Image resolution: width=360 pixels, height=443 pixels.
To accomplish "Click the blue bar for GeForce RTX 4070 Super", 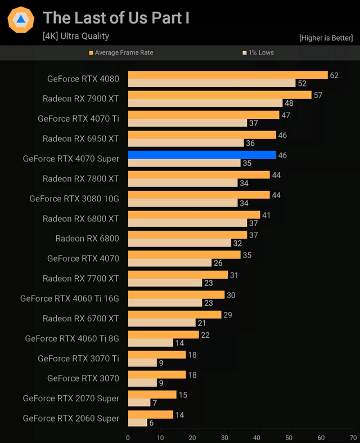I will click(202, 155).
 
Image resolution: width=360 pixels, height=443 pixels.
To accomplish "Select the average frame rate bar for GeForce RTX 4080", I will click(228, 75).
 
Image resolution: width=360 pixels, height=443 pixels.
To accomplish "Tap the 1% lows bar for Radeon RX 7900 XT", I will click(205, 103).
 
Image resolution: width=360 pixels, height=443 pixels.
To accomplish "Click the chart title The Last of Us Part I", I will click(116, 18).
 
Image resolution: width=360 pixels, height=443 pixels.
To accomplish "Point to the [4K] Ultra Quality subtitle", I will click(76, 36).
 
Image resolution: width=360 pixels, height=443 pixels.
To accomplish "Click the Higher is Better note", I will click(327, 38).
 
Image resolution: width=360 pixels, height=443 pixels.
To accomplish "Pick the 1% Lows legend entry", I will click(258, 52).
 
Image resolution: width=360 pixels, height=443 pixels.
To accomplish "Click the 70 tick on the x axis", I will click(353, 437).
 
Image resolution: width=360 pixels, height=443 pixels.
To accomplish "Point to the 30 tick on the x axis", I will click(224, 437).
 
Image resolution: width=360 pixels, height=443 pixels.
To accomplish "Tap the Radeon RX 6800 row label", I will click(87, 239).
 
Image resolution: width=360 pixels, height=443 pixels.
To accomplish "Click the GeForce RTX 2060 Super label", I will click(71, 418).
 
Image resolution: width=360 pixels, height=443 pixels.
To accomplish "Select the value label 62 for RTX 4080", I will click(334, 75).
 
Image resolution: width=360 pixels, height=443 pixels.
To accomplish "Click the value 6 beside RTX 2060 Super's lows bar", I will click(151, 423).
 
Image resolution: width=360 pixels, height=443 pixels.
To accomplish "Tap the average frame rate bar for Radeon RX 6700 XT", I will click(174, 315).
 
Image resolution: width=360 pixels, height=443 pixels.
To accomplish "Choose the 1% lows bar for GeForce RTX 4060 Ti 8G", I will click(150, 343).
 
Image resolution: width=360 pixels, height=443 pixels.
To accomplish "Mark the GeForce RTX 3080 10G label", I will click(74, 199).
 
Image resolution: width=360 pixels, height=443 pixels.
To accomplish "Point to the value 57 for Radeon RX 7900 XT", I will click(318, 95).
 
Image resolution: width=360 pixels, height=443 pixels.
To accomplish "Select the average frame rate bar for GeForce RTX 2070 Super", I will click(152, 395).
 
